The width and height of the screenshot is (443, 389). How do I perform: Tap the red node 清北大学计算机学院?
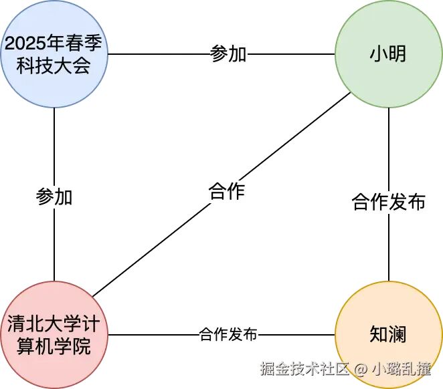point(55,334)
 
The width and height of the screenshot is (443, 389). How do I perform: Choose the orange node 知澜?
point(388,334)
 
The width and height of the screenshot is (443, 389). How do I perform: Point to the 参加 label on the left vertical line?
point(54,198)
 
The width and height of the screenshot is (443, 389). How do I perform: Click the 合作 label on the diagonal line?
point(227,192)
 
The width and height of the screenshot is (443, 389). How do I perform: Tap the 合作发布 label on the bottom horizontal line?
point(228,334)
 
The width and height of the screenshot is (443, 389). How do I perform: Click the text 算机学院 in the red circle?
point(55,346)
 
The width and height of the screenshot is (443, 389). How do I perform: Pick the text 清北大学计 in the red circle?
point(55,323)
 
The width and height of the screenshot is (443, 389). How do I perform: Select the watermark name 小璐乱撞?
point(402,368)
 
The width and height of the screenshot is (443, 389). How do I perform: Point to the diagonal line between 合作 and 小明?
point(294,136)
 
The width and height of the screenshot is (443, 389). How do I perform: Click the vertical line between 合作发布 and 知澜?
point(389,247)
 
